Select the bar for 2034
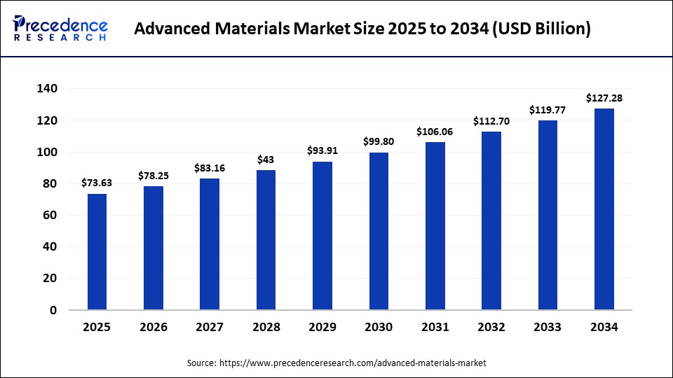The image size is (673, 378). click(x=604, y=209)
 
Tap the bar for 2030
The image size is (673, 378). click(x=379, y=231)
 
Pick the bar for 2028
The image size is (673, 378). click(x=266, y=240)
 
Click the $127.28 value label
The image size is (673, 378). click(x=604, y=99)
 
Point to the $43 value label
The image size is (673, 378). click(x=266, y=160)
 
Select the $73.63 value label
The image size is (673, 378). click(x=97, y=183)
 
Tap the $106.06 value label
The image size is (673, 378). click(x=435, y=132)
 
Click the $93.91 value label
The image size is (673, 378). click(x=322, y=150)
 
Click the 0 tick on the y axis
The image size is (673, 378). click(x=53, y=310)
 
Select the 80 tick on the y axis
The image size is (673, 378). click(x=50, y=184)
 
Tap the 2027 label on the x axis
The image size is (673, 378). click(x=210, y=327)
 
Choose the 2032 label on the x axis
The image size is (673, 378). click(x=491, y=327)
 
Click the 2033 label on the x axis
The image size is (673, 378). click(x=548, y=327)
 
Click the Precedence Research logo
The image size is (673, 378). click(x=60, y=29)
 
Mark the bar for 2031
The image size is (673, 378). click(x=435, y=226)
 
